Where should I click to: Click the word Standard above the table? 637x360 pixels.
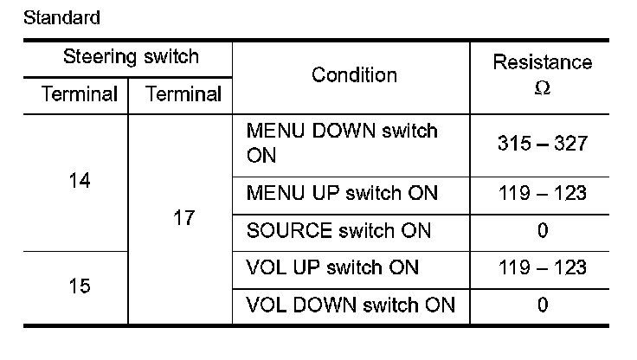61,17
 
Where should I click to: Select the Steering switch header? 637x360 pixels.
131,58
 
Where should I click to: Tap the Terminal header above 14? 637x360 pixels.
79,94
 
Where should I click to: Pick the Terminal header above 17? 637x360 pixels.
183,94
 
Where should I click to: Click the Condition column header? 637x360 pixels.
354,75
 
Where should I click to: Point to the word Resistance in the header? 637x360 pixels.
543,62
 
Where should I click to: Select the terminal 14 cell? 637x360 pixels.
79,182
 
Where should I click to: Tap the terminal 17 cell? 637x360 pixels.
183,218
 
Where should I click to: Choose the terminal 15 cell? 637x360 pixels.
79,286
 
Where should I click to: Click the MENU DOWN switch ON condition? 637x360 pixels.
342,144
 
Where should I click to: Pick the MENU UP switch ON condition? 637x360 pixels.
342,192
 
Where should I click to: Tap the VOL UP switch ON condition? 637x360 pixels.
333,267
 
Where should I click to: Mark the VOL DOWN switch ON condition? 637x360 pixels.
351,305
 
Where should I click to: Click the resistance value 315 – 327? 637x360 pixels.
543,144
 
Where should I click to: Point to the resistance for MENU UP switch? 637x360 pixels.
543,192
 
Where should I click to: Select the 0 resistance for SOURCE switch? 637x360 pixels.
543,231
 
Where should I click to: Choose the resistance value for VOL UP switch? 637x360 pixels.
543,267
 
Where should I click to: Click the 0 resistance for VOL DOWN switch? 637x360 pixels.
543,305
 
